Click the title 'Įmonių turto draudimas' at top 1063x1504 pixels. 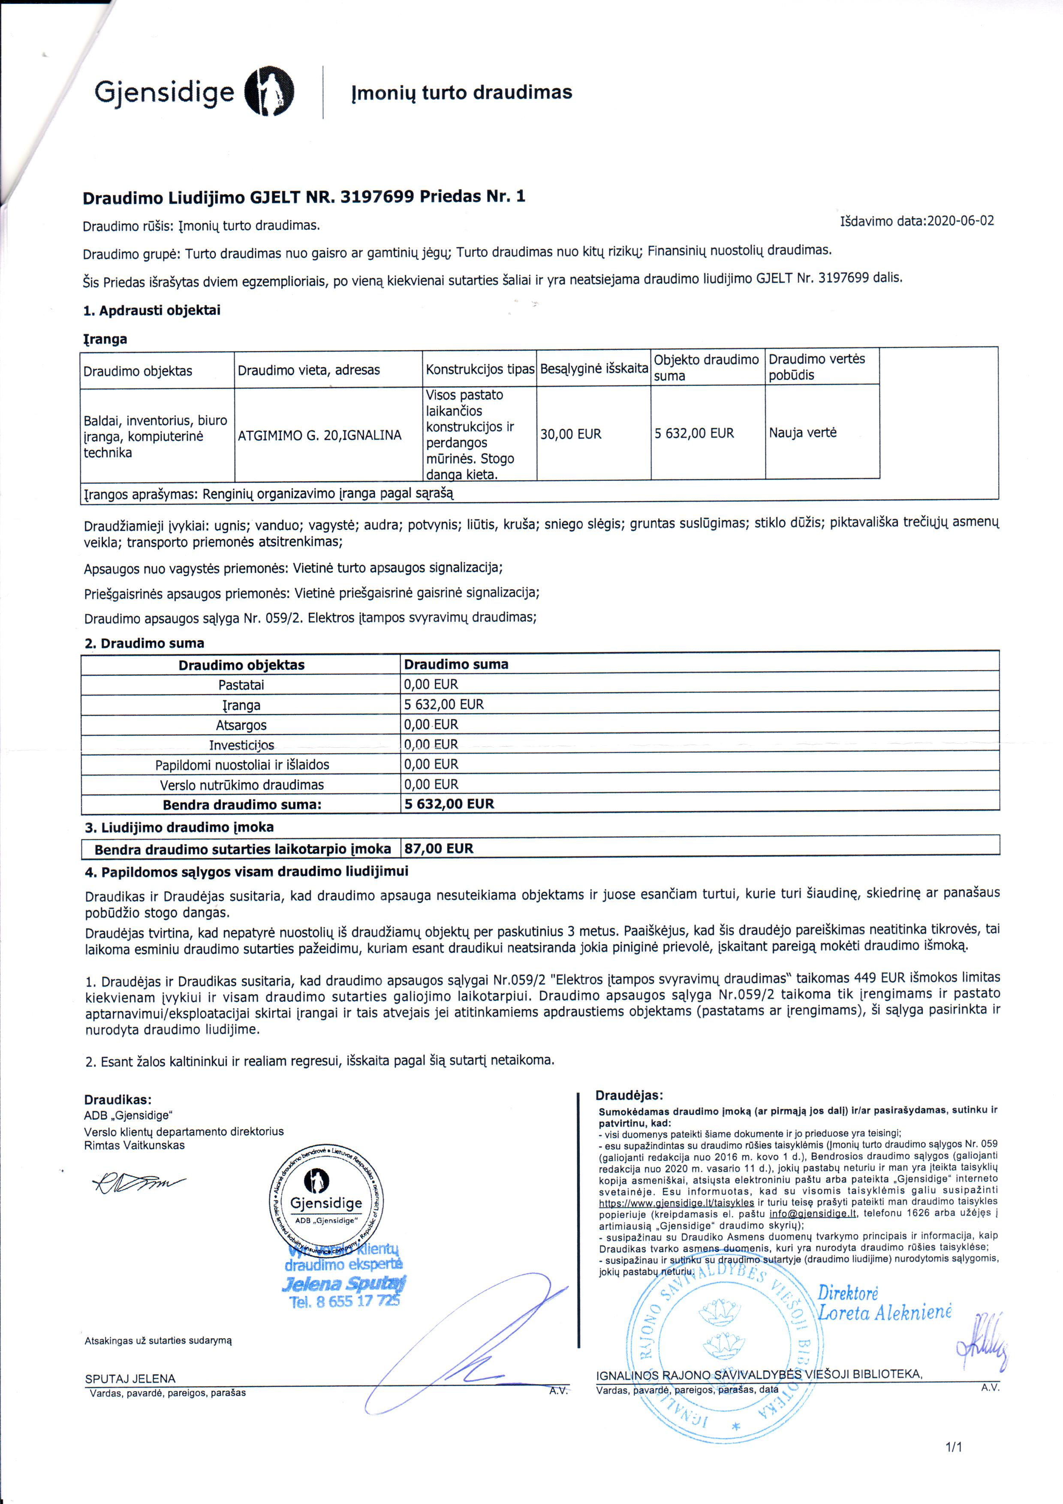[x=462, y=92]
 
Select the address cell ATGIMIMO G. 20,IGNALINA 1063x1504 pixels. [x=319, y=435]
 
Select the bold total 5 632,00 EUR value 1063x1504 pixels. [x=449, y=804]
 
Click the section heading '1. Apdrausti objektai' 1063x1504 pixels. [x=152, y=310]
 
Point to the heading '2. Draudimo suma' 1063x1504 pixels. [x=144, y=643]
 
